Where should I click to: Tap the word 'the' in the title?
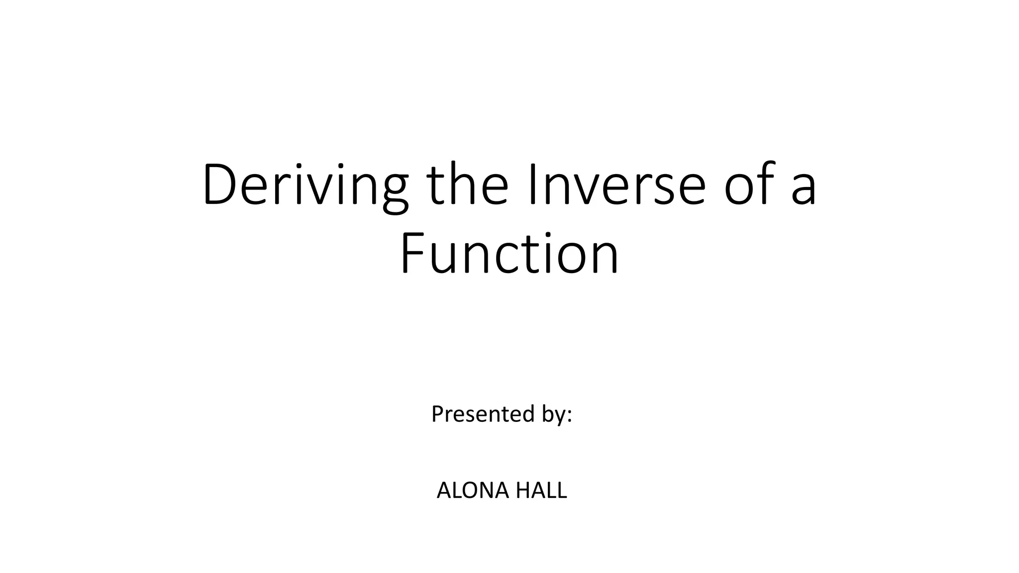coord(467,184)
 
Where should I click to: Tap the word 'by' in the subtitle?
coord(553,415)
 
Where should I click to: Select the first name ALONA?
coord(473,490)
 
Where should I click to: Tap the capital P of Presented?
coord(437,414)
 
